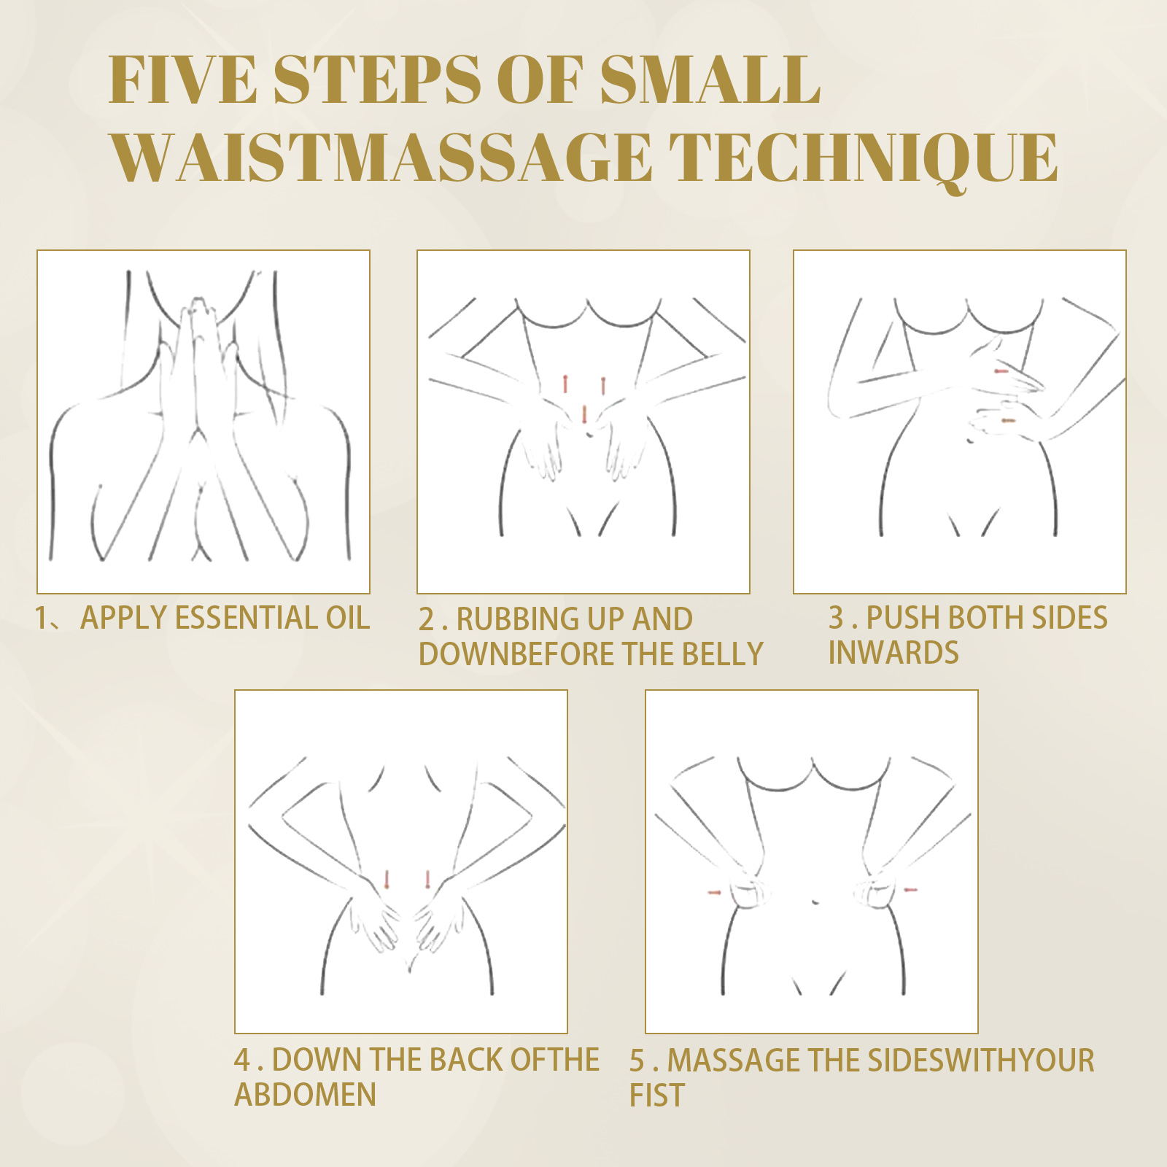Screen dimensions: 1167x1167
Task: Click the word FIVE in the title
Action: [x=183, y=80]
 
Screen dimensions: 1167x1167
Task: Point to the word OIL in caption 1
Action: [x=348, y=618]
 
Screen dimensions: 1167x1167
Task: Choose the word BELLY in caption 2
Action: [x=722, y=654]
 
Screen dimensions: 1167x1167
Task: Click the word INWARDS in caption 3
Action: [x=893, y=653]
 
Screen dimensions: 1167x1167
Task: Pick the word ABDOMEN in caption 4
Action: [x=305, y=1094]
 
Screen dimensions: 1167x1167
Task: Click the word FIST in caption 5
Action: [x=657, y=1095]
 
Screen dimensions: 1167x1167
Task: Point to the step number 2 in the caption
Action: [x=427, y=619]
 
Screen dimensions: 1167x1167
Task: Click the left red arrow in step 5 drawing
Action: [x=715, y=892]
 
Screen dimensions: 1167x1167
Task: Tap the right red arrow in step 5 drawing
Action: [x=910, y=889]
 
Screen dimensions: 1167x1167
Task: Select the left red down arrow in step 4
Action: [x=387, y=879]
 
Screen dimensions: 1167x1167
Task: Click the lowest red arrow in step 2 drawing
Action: [x=584, y=414]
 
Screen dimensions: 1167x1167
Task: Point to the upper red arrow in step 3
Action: [x=1001, y=371]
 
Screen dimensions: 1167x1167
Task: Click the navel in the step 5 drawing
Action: [x=815, y=902]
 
